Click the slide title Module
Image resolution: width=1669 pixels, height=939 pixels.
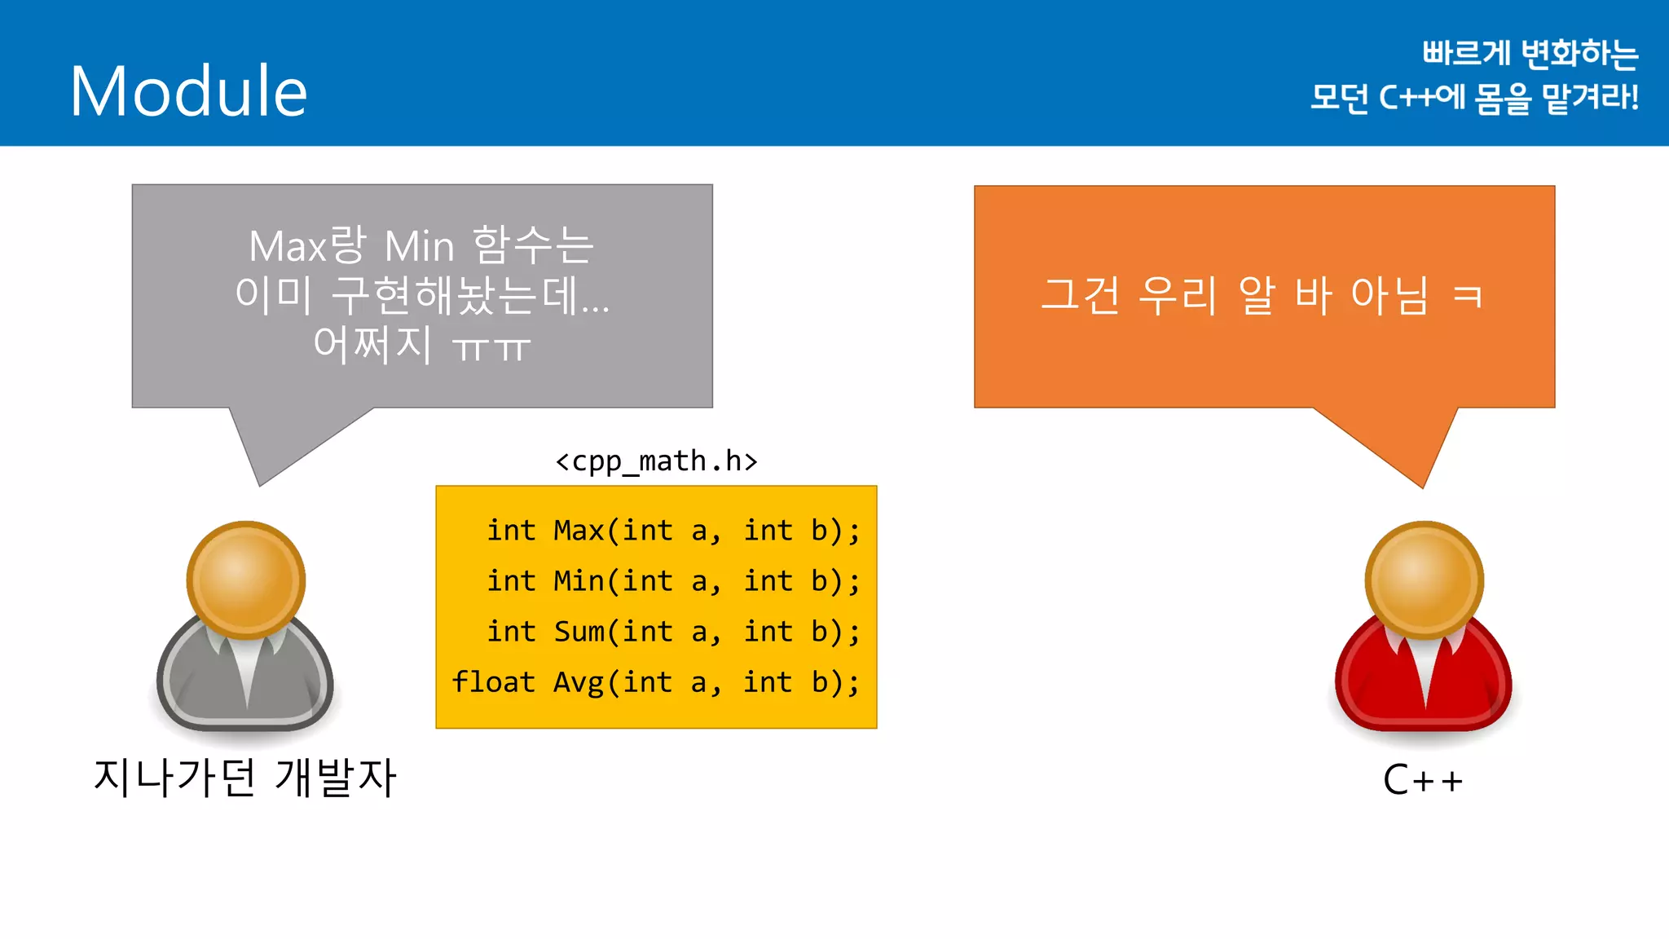click(x=188, y=91)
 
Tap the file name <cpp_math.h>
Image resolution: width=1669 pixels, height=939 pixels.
click(x=656, y=461)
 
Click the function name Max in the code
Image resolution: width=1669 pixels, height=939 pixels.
click(x=579, y=531)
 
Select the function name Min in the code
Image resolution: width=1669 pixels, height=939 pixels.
click(x=579, y=581)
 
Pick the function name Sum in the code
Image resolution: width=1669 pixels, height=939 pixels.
click(x=579, y=632)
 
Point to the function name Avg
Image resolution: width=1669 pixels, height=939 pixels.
click(x=579, y=682)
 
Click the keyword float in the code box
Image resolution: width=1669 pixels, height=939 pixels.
click(x=493, y=681)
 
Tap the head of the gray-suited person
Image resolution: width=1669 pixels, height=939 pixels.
click(x=246, y=579)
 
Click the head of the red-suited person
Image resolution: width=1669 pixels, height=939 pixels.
click(x=1424, y=579)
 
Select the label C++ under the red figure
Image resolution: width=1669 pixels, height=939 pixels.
click(x=1423, y=780)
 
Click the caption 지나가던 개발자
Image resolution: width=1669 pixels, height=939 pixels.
click(x=244, y=777)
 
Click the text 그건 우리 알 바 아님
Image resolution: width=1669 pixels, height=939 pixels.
click(x=1235, y=294)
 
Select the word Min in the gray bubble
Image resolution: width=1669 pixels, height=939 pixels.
click(x=419, y=246)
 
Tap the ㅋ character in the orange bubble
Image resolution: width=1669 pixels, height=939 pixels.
click(x=1468, y=294)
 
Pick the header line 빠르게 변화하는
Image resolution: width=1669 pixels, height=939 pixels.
click(x=1530, y=54)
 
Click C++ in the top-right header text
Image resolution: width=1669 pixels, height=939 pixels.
click(x=1406, y=98)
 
